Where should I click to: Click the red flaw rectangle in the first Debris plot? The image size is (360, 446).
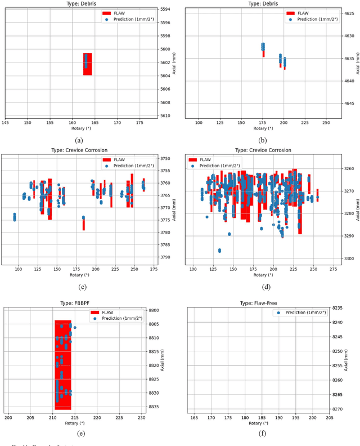click(x=87, y=64)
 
